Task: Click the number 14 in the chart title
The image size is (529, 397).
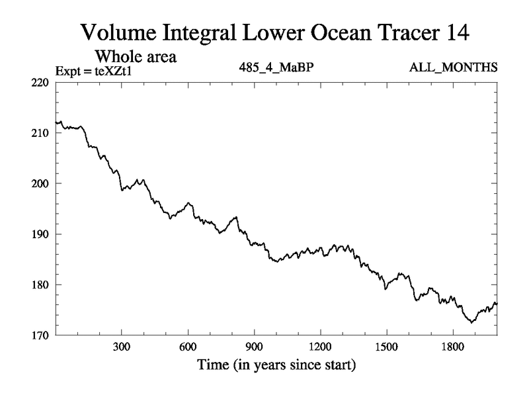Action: pos(457,32)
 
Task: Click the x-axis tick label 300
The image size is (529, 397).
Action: pos(122,347)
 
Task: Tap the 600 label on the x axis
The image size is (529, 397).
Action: pos(188,347)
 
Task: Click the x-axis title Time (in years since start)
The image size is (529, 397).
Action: pos(276,365)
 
